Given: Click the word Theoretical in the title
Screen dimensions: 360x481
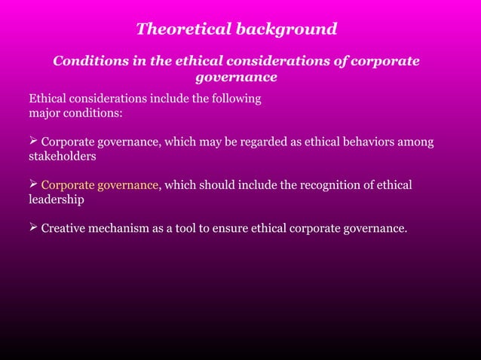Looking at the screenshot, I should (x=183, y=29).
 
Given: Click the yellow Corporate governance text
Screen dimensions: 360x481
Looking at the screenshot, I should (x=100, y=185).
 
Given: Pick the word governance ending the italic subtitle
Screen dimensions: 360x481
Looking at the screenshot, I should (x=236, y=77).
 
